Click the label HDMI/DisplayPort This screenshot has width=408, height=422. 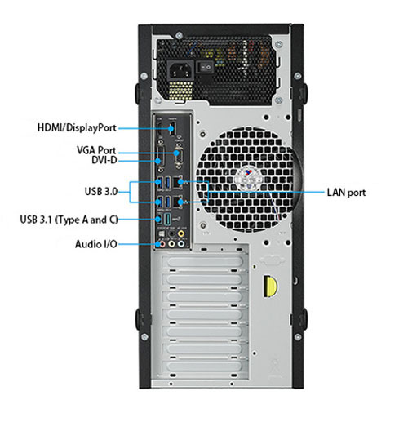(x=77, y=127)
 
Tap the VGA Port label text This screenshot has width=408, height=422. (x=96, y=150)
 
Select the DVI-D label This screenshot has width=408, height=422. (x=104, y=160)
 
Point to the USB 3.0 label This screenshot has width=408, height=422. (x=101, y=191)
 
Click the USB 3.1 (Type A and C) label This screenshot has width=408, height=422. (x=69, y=220)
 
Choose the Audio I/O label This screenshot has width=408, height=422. (x=96, y=244)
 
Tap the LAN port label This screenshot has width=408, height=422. (x=346, y=193)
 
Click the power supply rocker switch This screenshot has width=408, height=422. (x=205, y=67)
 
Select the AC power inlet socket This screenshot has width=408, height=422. (x=180, y=69)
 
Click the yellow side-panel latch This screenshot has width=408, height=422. (x=269, y=287)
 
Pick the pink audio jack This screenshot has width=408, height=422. (x=162, y=244)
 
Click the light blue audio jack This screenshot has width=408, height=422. (x=180, y=244)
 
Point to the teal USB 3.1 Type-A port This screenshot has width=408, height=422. (x=168, y=219)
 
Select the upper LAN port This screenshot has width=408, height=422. (x=177, y=182)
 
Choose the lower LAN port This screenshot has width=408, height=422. (x=177, y=202)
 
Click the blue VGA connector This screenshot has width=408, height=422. (x=177, y=156)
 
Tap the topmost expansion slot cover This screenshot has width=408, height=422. (x=205, y=262)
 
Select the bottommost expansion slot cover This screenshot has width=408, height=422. (x=205, y=366)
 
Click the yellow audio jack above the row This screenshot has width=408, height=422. (x=180, y=233)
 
